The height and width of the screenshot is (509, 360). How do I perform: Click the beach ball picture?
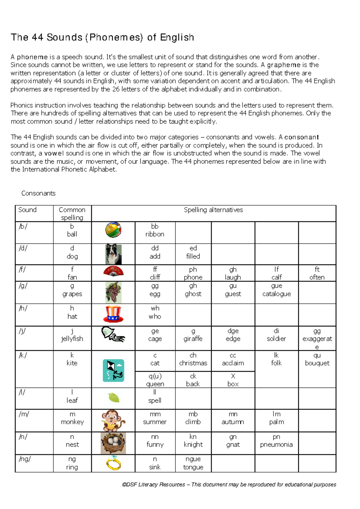113,230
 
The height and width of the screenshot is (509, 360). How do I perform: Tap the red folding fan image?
113,271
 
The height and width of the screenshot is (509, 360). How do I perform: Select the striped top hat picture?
113,314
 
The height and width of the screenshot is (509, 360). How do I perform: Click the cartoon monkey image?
113,420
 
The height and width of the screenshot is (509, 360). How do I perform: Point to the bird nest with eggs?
113,443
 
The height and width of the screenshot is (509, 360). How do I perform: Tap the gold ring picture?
114,463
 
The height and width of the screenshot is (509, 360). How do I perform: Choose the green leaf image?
114,398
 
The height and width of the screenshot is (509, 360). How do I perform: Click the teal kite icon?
113,371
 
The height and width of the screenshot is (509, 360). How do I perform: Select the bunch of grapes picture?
113,292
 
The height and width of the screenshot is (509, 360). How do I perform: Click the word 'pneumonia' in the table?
276,445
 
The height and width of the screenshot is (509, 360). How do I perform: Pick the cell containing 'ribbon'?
155,234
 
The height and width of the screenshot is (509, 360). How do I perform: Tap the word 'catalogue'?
277,294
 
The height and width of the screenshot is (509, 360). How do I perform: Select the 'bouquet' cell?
317,363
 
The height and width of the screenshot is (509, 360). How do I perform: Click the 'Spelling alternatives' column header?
213,210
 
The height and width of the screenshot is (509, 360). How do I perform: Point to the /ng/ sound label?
25,459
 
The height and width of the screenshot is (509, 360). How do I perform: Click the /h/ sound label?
23,308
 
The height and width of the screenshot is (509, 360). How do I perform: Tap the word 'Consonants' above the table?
38,193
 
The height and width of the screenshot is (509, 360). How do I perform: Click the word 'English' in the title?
177,37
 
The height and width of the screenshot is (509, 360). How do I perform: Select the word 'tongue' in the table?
193,467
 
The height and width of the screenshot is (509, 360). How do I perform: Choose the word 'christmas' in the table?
193,363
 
